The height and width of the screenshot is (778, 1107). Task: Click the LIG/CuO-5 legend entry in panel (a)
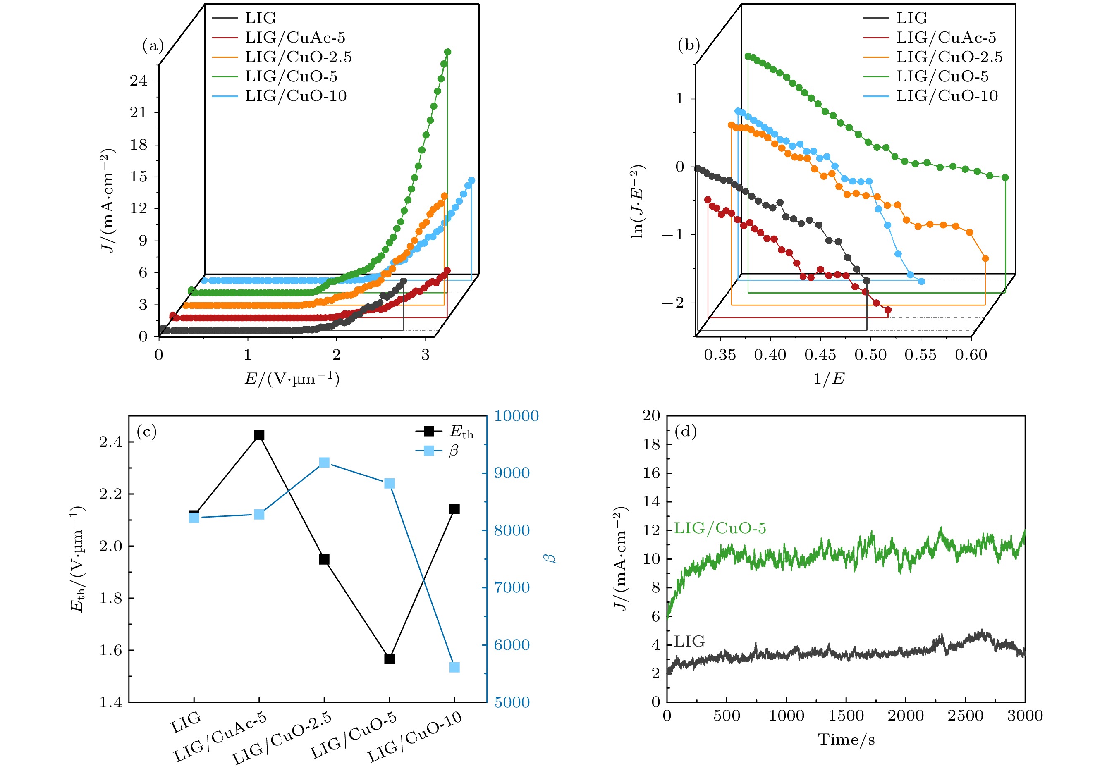point(291,76)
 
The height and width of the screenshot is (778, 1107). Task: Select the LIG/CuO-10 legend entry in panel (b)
point(947,96)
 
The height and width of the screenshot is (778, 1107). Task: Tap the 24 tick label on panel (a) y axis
point(139,81)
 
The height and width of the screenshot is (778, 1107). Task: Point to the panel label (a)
point(153,45)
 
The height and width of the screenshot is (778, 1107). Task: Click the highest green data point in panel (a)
point(447,52)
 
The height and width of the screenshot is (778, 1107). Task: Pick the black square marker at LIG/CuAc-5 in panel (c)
point(259,435)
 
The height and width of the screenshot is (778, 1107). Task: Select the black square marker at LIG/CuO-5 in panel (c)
point(390,659)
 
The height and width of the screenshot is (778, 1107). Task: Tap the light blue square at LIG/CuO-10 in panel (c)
point(454,667)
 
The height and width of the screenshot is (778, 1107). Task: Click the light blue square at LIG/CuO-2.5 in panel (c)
point(325,463)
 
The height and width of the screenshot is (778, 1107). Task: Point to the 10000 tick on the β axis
point(516,416)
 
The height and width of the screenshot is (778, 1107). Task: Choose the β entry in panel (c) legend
point(453,451)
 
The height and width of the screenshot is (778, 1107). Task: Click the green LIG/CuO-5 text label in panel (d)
point(720,528)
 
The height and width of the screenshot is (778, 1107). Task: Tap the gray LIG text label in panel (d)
point(689,642)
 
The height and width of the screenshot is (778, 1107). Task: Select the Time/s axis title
point(846,740)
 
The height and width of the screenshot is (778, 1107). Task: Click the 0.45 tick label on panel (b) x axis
point(820,355)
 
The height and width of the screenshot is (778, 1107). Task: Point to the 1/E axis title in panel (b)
point(829,379)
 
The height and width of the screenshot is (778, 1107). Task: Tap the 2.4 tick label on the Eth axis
point(110,442)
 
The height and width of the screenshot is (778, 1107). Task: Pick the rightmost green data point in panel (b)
point(1005,177)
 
